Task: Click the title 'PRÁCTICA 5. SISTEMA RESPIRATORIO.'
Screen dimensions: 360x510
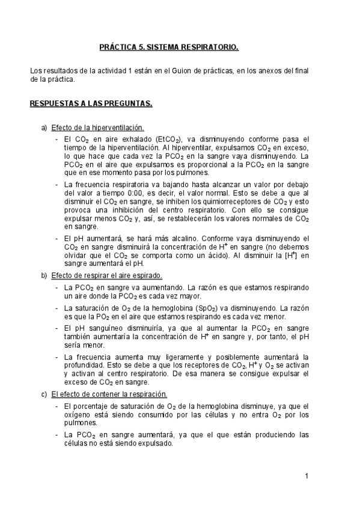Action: point(169,46)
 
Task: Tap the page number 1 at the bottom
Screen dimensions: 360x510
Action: point(307,477)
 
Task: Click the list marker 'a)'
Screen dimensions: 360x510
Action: point(44,128)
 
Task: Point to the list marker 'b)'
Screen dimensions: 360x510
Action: point(44,276)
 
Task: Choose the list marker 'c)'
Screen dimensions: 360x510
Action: point(44,395)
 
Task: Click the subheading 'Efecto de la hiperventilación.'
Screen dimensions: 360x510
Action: point(97,128)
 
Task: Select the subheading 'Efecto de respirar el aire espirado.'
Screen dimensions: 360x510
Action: point(106,276)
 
